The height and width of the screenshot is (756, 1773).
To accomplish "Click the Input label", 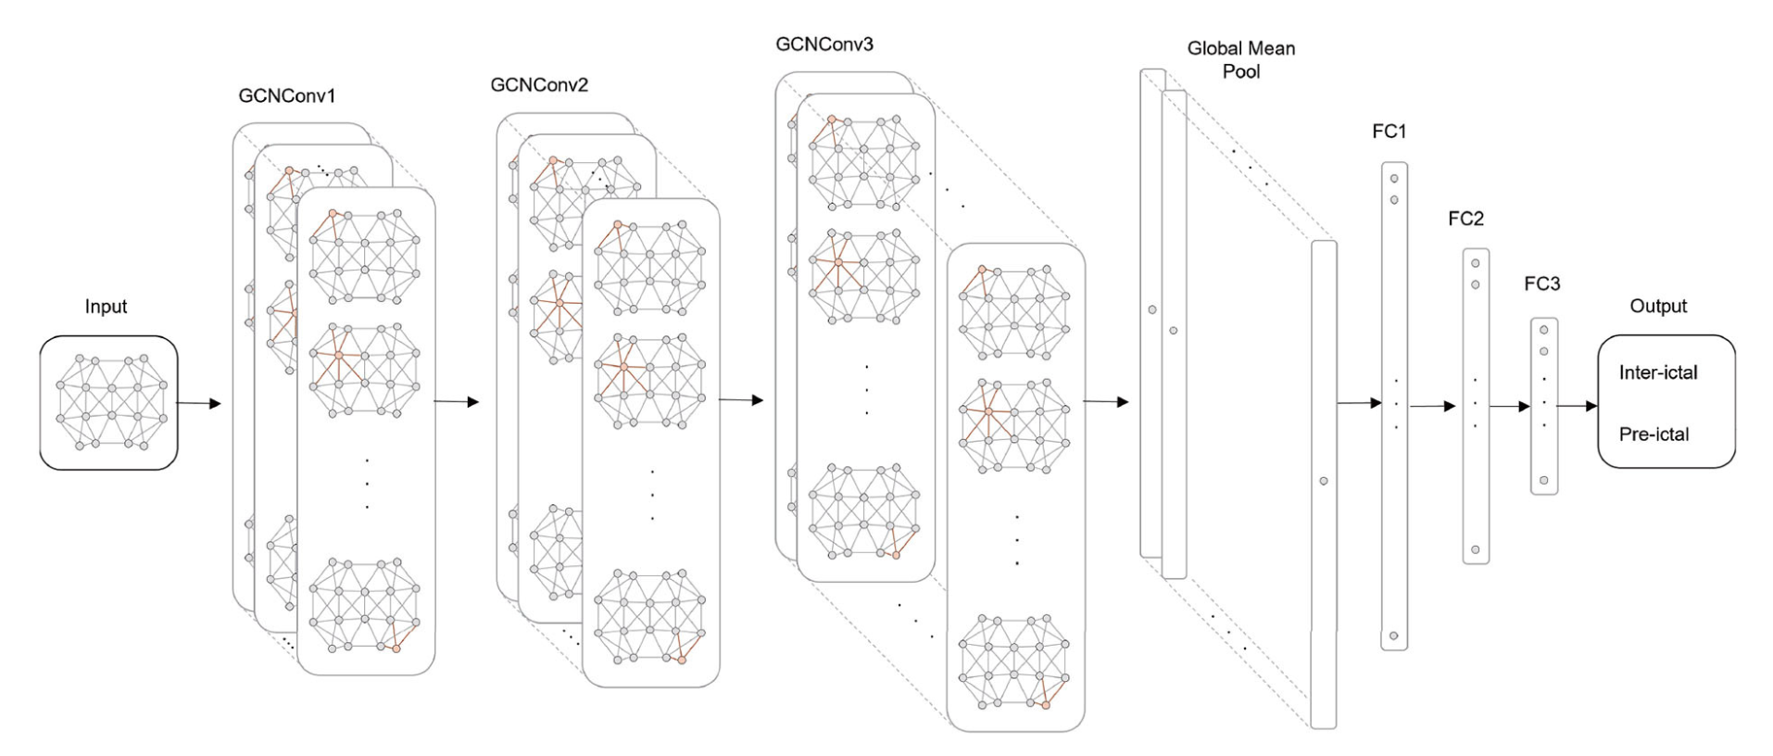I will pos(106,307).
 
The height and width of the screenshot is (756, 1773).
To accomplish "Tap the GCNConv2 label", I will pos(539,85).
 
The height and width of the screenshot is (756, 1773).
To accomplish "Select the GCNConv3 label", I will pos(824,44).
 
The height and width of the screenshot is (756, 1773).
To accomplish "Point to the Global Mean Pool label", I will pos(1241,59).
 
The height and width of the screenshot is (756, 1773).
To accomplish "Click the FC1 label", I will pos(1389,132).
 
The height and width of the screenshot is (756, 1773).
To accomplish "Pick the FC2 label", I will pos(1465,219).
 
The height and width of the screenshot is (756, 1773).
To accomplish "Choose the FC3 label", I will pos(1541,284).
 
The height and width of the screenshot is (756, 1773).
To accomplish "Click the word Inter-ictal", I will pos(1658,373).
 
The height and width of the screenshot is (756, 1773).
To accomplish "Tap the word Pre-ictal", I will pos(1654,434).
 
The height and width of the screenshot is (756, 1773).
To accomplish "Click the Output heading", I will pos(1658,307).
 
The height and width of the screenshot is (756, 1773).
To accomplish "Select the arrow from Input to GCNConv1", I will pos(198,403).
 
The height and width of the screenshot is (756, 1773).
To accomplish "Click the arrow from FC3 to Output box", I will pos(1577,406).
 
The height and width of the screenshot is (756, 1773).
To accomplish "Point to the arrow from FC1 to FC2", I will pos(1432,406).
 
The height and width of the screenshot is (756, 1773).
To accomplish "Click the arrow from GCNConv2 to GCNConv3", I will pos(740,400).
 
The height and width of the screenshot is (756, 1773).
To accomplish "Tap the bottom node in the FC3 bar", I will pos(1543,480).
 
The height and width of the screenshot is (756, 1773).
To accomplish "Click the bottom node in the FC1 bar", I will pos(1393,636).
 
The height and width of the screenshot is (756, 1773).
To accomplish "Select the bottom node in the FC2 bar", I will pos(1475,550).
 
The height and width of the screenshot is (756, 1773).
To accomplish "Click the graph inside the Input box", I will pos(109,403).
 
